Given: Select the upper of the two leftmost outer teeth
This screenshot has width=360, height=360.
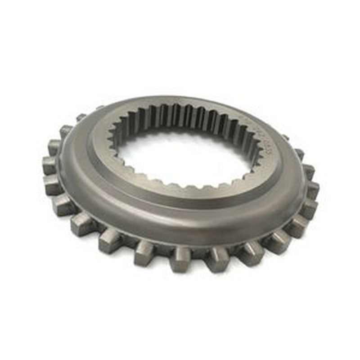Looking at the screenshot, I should pos(49,164).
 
